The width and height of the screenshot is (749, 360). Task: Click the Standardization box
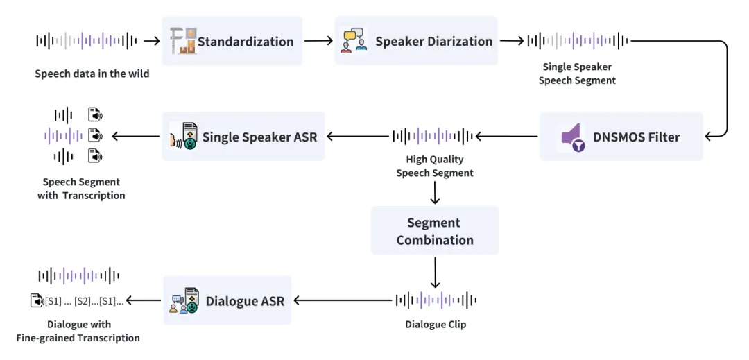(x=233, y=42)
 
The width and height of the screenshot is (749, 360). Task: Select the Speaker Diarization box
(x=416, y=42)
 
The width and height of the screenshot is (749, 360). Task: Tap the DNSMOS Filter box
(x=621, y=137)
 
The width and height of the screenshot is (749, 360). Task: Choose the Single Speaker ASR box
(x=243, y=137)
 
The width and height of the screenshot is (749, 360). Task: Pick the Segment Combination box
(x=435, y=231)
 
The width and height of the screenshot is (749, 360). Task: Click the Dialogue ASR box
(x=227, y=301)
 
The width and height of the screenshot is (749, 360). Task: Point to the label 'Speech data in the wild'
(x=92, y=74)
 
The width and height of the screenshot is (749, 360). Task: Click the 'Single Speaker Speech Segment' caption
(x=577, y=74)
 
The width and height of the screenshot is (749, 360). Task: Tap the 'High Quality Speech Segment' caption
(x=435, y=166)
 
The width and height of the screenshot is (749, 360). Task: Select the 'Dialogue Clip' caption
(x=436, y=324)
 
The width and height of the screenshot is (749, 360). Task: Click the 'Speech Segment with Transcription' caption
(x=81, y=189)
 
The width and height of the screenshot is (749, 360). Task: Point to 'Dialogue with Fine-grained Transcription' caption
(x=78, y=331)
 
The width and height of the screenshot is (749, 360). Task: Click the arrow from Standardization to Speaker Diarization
(x=318, y=41)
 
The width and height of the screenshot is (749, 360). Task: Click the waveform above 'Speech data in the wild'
(x=87, y=41)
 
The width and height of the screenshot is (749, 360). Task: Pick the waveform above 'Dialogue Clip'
(x=436, y=300)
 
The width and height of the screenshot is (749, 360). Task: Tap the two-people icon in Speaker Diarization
(x=354, y=42)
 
